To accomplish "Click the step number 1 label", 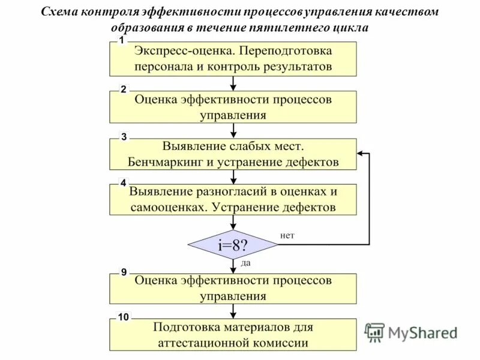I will [122, 40].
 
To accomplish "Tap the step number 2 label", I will [124, 89].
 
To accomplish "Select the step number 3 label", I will [124, 137].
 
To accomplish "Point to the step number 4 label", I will [124, 182].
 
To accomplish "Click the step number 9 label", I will [124, 272].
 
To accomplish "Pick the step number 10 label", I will [123, 317].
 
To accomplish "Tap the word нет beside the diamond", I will [287, 235].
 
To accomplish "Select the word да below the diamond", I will [246, 262].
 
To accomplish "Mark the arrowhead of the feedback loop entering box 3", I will [361, 154].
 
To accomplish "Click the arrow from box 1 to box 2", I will [233, 83].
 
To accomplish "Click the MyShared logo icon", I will [374, 332].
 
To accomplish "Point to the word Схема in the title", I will [60, 13].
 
